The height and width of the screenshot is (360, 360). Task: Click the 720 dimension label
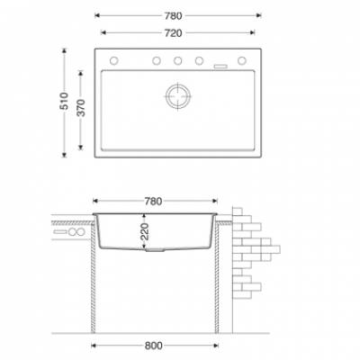click(174, 32)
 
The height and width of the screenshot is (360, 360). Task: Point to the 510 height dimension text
click(64, 101)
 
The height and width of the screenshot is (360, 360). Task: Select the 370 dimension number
click(81, 107)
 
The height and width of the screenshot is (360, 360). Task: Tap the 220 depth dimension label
click(145, 231)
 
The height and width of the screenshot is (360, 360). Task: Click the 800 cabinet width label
click(154, 346)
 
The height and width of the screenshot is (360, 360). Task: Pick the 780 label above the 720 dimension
click(174, 16)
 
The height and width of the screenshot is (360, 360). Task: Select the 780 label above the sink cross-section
click(153, 202)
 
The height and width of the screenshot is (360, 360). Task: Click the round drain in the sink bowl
click(178, 96)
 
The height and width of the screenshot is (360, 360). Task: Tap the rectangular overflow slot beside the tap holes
click(220, 67)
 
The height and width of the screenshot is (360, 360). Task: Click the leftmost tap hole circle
click(113, 60)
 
